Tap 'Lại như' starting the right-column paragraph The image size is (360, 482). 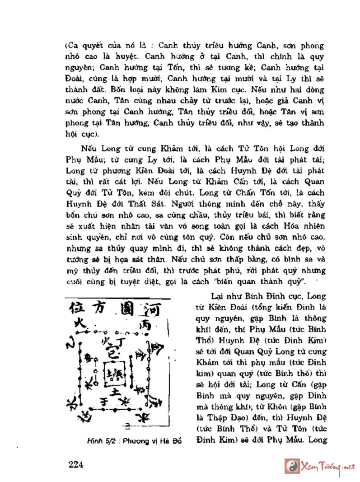[222, 296]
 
